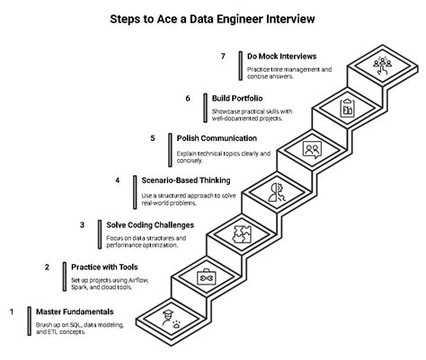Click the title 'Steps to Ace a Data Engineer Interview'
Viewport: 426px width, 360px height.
click(x=213, y=16)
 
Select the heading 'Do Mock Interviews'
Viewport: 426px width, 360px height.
click(x=287, y=56)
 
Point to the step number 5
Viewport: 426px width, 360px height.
click(x=153, y=138)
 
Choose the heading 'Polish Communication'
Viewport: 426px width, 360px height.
click(x=217, y=138)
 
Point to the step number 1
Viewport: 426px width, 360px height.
click(x=12, y=311)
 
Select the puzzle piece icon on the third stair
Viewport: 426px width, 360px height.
click(x=241, y=233)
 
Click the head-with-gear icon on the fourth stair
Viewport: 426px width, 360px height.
click(x=276, y=190)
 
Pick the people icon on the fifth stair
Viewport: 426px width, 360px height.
click(x=312, y=148)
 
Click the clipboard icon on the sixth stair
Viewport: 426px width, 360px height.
click(x=347, y=107)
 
